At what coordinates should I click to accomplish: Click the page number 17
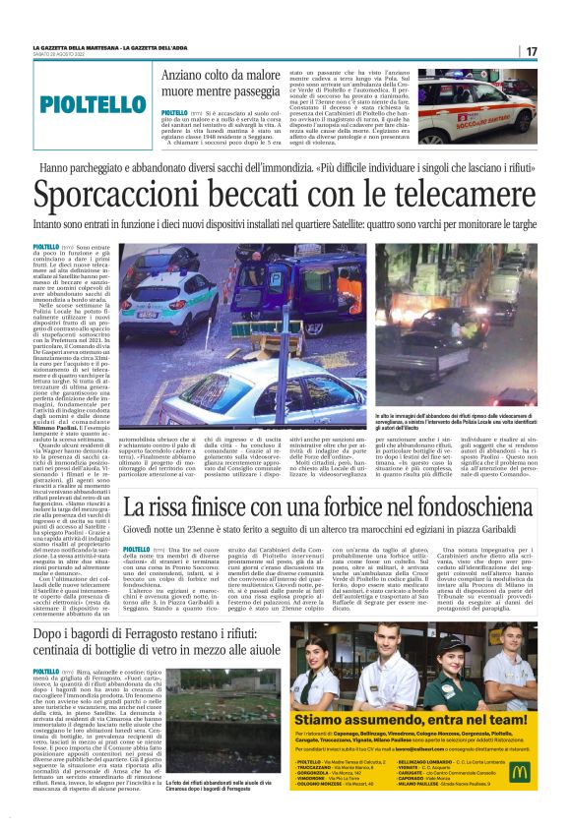pos(531,51)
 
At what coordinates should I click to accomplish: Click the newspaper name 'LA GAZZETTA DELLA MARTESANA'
pos(81,47)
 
